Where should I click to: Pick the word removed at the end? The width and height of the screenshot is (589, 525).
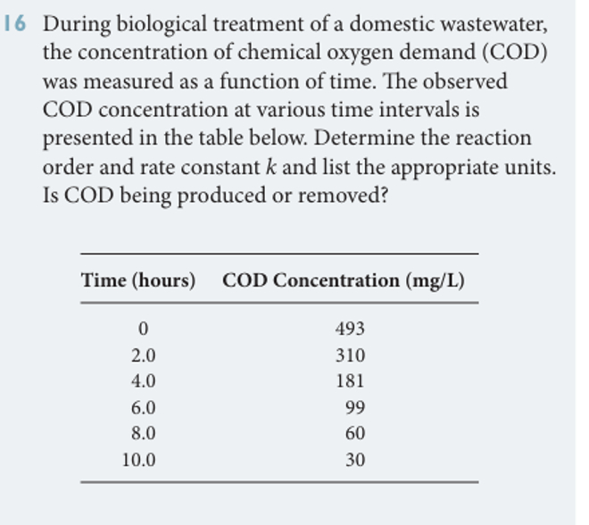(343, 196)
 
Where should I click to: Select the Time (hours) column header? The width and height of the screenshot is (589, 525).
(138, 280)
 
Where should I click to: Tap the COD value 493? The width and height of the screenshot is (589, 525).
(350, 329)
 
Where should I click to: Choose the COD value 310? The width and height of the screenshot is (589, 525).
(350, 355)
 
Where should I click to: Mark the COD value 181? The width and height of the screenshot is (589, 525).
(350, 381)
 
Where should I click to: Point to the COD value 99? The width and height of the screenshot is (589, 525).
(354, 408)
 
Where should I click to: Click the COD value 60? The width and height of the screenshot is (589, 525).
(354, 435)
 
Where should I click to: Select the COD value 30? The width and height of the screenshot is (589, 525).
(354, 461)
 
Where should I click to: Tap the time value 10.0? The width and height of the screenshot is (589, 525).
(138, 461)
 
